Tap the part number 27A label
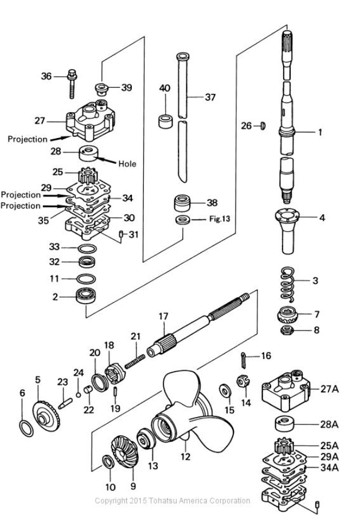click(x=330, y=389)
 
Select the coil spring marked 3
click(x=288, y=284)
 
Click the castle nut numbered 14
click(x=243, y=381)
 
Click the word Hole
click(x=127, y=164)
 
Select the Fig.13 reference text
click(x=220, y=219)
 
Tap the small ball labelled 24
click(x=78, y=395)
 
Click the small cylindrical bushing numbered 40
click(x=166, y=121)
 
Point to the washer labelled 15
click(x=225, y=390)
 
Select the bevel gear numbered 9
click(x=124, y=451)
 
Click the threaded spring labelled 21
click(x=135, y=361)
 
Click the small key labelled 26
click(x=263, y=126)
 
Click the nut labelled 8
click(x=287, y=330)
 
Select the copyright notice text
click(x=173, y=501)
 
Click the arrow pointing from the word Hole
click(x=105, y=160)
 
